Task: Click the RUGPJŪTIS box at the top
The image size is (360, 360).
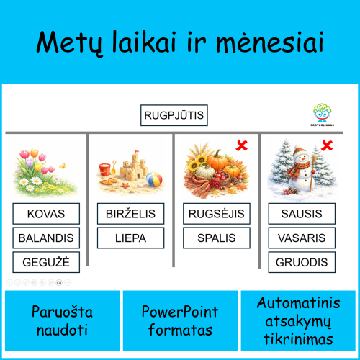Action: (x=174, y=115)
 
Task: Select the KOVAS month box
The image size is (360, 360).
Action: (x=46, y=214)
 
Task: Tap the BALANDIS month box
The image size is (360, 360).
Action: (x=46, y=238)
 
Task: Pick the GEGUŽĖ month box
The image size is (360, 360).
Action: (x=46, y=262)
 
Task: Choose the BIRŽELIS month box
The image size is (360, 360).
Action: (x=130, y=214)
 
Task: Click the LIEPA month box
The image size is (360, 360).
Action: (x=130, y=238)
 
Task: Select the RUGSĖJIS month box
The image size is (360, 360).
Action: (x=217, y=214)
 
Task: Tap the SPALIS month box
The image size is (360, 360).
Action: (x=217, y=238)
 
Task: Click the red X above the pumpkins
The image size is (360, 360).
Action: (x=243, y=146)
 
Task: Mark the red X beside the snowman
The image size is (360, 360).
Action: (x=326, y=146)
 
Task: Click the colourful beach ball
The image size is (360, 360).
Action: (x=153, y=179)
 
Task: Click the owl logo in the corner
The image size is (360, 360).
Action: (x=322, y=112)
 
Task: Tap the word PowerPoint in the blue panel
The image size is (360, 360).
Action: (x=179, y=312)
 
